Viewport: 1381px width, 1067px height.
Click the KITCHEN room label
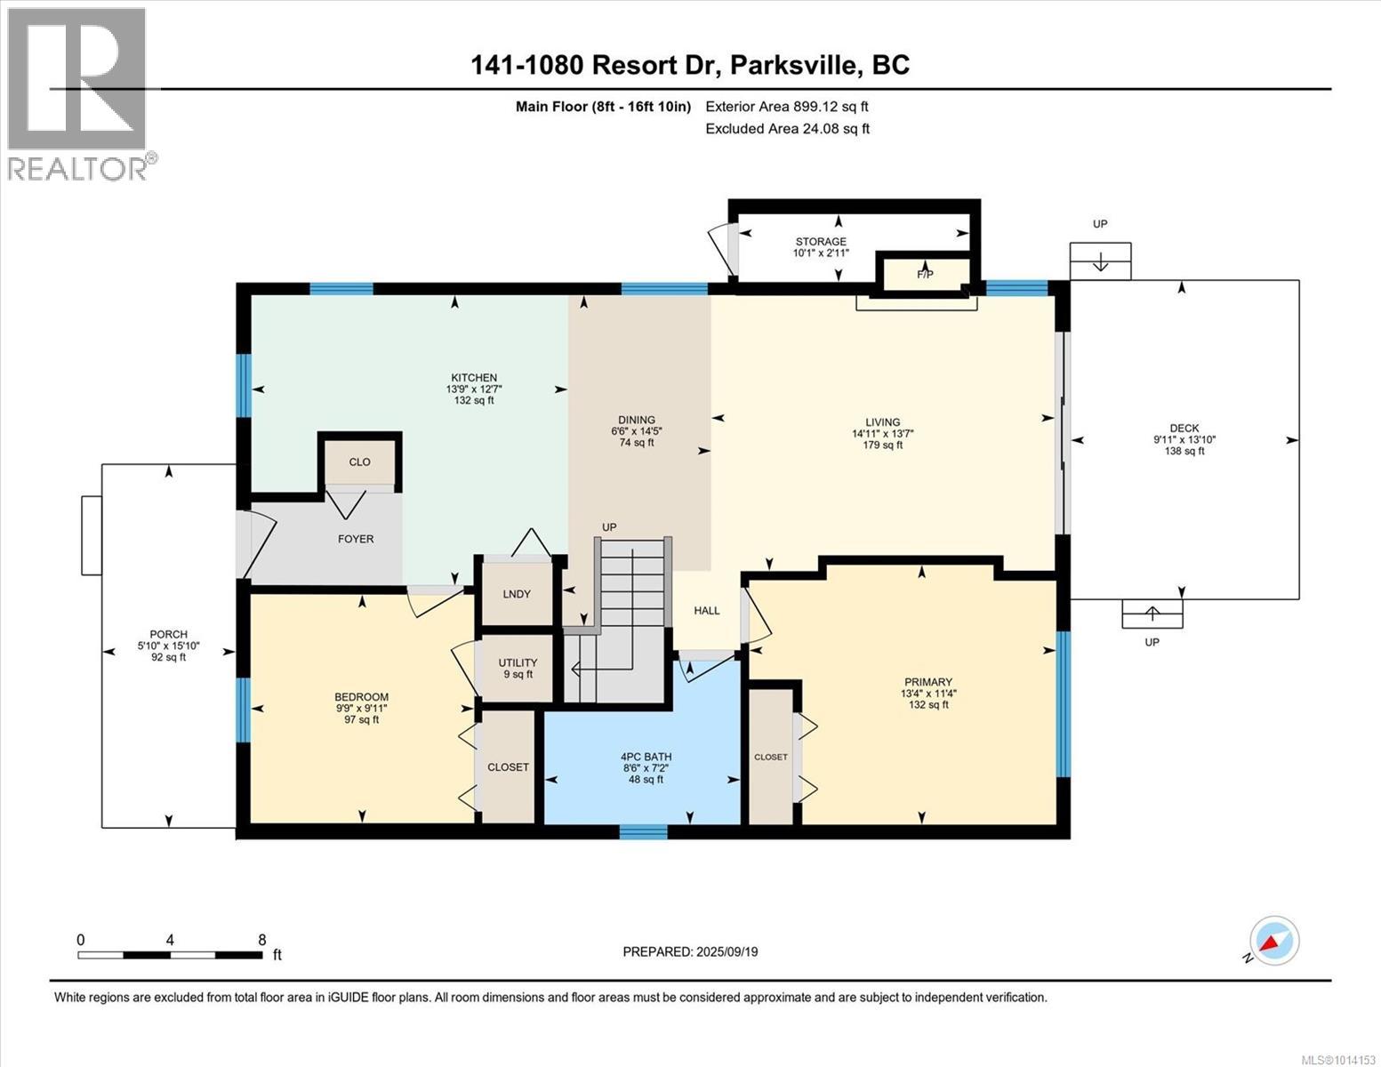473,378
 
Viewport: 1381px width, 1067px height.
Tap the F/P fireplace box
925,274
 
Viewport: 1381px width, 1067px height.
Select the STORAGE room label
821,242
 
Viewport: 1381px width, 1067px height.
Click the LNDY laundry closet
517,594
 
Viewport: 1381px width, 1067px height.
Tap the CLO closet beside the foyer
360,462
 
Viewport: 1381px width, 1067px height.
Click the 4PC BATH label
646,757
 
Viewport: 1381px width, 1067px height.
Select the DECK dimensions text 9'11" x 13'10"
1184,439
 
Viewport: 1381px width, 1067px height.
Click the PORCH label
168,634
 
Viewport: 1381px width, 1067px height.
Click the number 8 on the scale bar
261,940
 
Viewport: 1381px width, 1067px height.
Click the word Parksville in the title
791,65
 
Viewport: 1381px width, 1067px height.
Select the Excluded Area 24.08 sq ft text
787,129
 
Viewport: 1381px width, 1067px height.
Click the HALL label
707,611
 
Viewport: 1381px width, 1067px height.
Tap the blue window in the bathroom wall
643,832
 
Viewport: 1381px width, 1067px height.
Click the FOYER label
356,539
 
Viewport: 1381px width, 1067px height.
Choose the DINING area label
636,420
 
